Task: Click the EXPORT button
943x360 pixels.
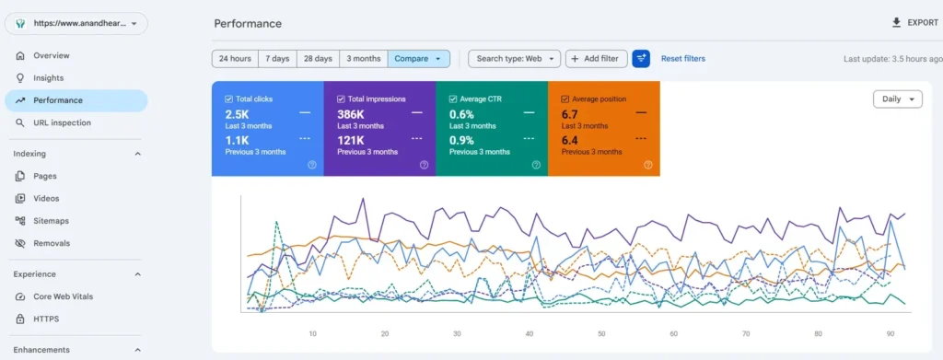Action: coord(914,23)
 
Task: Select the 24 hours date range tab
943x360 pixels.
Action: coord(235,59)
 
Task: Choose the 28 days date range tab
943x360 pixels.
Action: coord(318,59)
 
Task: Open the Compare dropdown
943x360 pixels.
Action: coord(419,59)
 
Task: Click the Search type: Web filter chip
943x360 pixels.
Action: coord(514,59)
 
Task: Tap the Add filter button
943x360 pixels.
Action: coord(596,59)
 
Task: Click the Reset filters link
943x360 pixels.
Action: coord(683,59)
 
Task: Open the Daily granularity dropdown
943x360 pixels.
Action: coord(897,99)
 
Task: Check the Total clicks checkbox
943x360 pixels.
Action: coord(228,99)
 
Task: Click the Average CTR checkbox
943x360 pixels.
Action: coord(453,99)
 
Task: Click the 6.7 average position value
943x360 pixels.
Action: coord(569,114)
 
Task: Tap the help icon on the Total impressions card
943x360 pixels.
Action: coord(424,165)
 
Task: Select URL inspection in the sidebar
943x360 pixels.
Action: coord(62,122)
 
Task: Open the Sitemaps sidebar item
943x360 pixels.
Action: coord(52,221)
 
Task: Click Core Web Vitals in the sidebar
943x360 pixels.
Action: coord(64,296)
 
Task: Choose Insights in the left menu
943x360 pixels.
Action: coord(48,78)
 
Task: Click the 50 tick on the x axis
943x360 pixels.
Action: coord(601,333)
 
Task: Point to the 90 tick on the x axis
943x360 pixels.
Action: coord(891,333)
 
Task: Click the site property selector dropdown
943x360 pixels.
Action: coord(76,23)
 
